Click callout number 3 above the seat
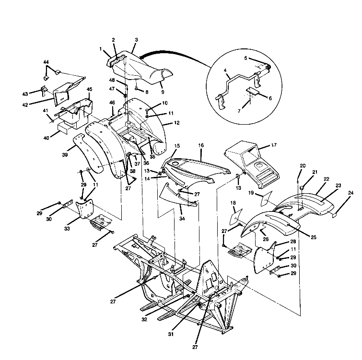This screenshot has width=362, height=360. [x=136, y=41]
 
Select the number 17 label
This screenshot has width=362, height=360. [x=274, y=144]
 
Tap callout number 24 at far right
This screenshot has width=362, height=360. [x=350, y=193]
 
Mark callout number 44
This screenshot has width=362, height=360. [x=46, y=62]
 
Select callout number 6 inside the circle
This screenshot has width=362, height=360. [x=270, y=98]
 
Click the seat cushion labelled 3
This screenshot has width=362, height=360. [x=144, y=67]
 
